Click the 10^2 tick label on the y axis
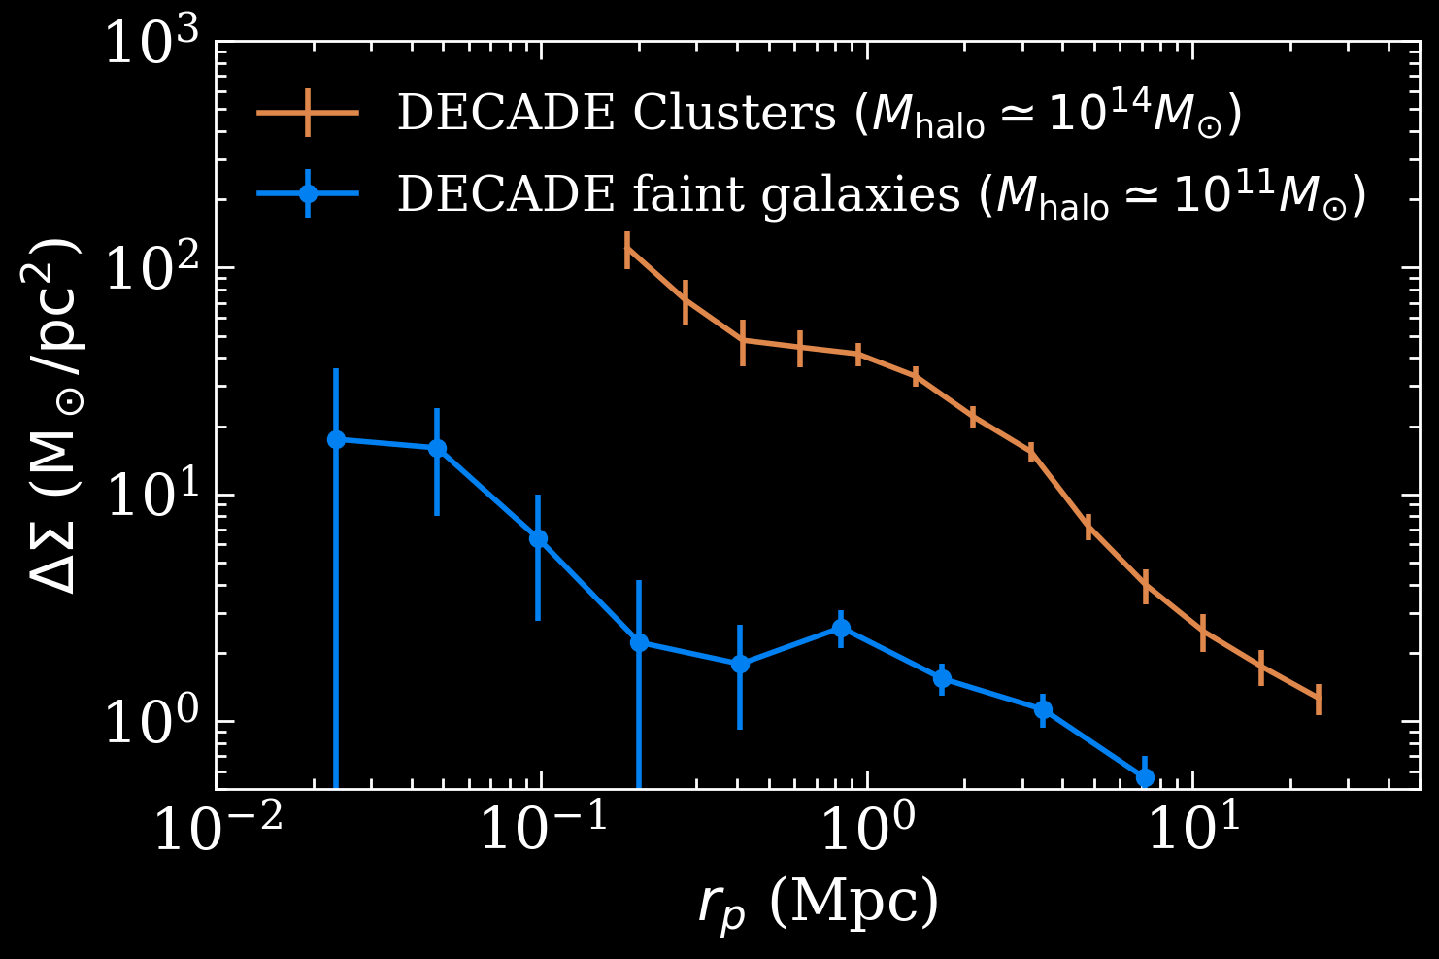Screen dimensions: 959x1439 151,269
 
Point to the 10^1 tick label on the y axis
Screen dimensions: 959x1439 151,497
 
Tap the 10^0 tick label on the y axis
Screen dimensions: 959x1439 151,723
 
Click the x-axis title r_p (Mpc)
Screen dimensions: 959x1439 818,903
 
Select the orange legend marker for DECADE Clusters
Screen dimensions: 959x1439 308,113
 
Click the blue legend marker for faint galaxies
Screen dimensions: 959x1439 308,193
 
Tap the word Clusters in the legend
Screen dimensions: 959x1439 734,113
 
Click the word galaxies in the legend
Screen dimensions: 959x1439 860,195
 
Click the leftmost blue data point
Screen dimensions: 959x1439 336,439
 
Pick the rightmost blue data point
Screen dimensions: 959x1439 1145,777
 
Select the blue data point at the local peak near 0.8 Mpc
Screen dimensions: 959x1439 841,629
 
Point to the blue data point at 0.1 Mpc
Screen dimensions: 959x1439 538,539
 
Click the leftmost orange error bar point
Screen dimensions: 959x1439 628,250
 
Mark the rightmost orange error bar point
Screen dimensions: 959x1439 1319,698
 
